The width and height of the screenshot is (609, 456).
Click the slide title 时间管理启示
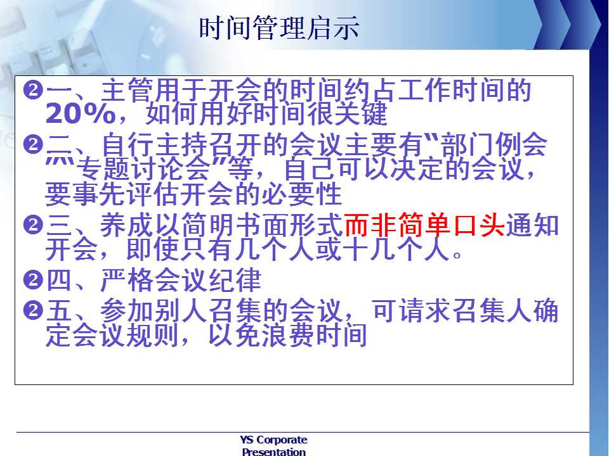[279, 28]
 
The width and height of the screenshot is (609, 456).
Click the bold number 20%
[81, 113]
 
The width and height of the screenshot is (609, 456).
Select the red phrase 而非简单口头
[424, 225]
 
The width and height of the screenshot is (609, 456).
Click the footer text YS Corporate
[273, 440]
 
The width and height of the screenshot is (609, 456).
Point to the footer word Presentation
[273, 452]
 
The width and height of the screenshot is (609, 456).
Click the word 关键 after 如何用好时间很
[361, 113]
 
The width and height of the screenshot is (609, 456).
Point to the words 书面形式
[289, 225]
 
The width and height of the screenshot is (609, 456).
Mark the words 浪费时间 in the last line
[314, 335]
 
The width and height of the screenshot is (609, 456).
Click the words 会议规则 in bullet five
[126, 335]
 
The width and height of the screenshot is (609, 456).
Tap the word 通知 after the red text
[532, 225]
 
